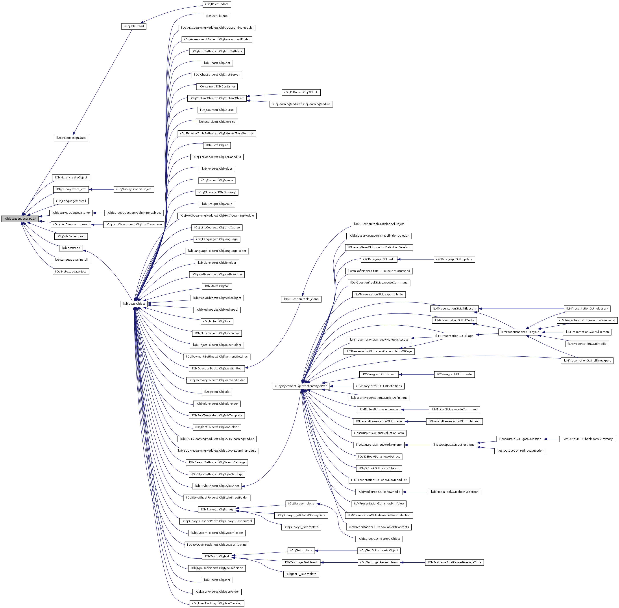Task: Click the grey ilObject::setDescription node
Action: coord(20,219)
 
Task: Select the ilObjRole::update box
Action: coord(217,4)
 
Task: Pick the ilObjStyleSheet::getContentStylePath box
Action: coord(301,386)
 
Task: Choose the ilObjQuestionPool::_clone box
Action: coord(301,299)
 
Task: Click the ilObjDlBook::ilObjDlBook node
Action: coord(301,92)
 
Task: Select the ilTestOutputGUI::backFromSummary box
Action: coord(587,439)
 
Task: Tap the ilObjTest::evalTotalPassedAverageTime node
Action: coord(454,562)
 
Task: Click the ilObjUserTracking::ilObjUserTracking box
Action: coord(217,603)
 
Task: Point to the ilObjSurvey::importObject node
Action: coord(134,189)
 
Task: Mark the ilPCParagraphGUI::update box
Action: coord(454,259)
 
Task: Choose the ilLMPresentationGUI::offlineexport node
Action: coord(587,361)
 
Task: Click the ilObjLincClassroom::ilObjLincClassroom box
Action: coord(134,224)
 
